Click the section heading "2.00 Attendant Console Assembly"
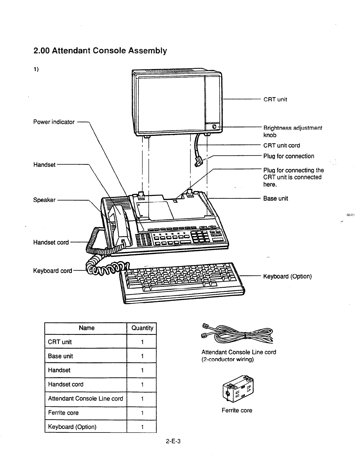(x=100, y=51)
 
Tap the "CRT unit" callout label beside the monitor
(x=275, y=99)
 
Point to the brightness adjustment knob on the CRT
(x=214, y=127)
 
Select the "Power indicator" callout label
(x=54, y=122)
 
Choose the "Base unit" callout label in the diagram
(x=275, y=198)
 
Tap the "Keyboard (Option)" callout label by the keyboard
(x=287, y=277)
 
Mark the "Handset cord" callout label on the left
(x=51, y=242)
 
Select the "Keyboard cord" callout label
(x=52, y=271)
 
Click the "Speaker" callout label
(x=44, y=200)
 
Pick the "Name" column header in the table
(x=87, y=328)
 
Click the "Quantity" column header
(x=142, y=328)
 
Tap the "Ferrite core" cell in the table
(x=63, y=413)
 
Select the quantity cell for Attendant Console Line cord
(x=142, y=399)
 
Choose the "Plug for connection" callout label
(x=288, y=156)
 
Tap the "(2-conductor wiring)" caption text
(x=227, y=360)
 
